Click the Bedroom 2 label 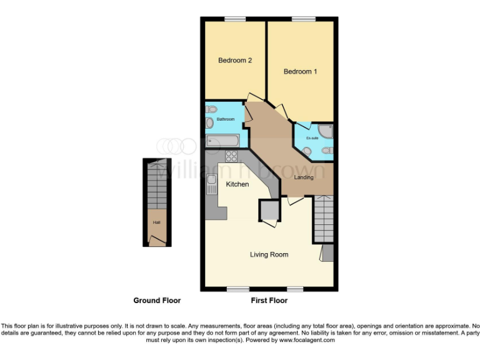coord(234,61)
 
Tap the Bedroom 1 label coord(300,72)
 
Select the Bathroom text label coord(226,119)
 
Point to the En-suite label coord(312,138)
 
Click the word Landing coord(304,177)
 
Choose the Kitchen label coord(237,184)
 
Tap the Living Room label coord(269,254)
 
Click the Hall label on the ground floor coord(156,222)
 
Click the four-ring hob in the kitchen coord(231,156)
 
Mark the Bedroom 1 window coord(303,19)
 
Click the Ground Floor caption coord(157,301)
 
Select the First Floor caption coord(269,301)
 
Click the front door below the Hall coord(157,240)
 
